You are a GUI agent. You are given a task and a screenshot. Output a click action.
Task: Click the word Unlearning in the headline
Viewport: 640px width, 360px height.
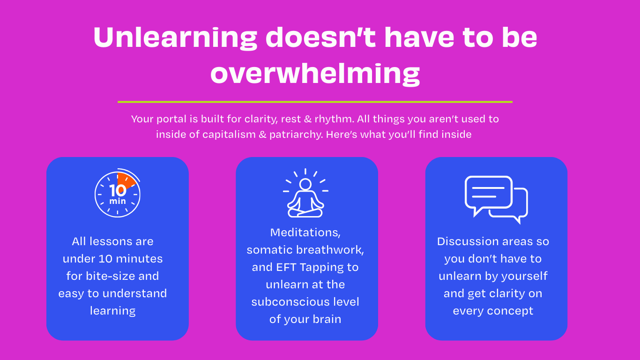[175, 38]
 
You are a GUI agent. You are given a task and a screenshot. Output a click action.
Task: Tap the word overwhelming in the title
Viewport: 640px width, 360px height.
[315, 74]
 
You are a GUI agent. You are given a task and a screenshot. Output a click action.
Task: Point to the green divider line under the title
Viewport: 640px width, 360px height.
[315, 102]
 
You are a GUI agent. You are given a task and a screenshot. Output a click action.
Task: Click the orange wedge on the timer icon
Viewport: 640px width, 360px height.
[126, 180]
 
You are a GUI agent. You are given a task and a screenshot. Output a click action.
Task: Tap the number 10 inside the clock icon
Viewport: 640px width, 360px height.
[118, 191]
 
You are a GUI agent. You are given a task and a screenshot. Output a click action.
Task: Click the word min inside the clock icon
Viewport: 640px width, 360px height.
[118, 201]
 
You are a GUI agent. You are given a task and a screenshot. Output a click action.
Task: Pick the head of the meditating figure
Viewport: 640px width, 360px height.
[305, 184]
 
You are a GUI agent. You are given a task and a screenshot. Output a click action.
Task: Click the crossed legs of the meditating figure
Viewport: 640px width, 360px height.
[305, 213]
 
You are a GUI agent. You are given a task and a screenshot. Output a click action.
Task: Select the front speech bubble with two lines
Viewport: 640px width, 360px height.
[489, 195]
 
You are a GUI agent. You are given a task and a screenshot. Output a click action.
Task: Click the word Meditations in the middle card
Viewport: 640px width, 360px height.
[305, 232]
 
